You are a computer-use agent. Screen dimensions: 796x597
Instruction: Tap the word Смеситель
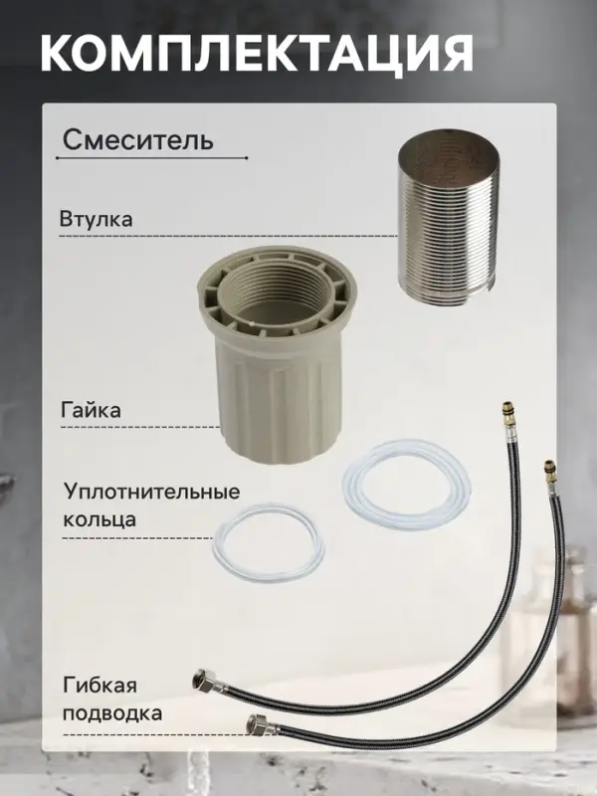click(x=137, y=139)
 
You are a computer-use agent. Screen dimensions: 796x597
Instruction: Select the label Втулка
click(x=97, y=218)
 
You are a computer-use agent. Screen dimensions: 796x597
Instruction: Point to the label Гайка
click(x=93, y=409)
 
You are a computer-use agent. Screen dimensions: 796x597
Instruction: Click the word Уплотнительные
click(x=151, y=493)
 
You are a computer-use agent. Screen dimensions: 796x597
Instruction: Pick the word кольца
click(x=99, y=519)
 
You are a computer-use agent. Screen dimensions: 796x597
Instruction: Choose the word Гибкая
click(x=98, y=687)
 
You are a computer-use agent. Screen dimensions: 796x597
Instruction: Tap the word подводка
click(x=111, y=713)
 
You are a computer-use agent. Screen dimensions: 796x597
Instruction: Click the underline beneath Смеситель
click(x=149, y=158)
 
